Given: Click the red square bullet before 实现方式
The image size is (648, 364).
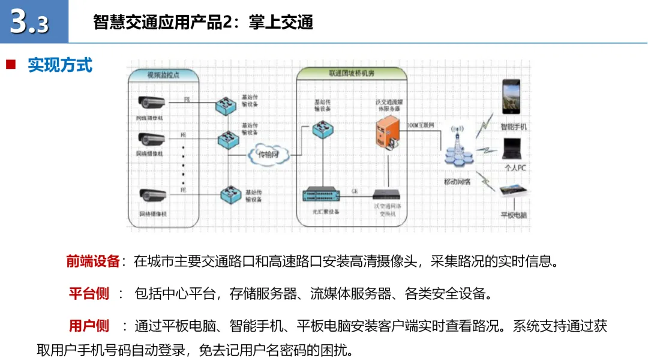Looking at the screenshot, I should [x=10, y=65].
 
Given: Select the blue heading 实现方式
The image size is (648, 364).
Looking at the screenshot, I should [x=60, y=65].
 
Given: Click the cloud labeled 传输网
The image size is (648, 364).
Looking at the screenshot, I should [x=268, y=154].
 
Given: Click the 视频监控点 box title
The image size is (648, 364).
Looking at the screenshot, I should [x=164, y=75].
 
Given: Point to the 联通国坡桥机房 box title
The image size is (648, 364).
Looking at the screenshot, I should [x=352, y=73].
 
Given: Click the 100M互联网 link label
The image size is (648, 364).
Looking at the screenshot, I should [x=420, y=125].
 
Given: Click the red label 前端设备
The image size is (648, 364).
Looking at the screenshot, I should [x=93, y=261].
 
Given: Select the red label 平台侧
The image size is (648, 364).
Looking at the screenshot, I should [x=89, y=294].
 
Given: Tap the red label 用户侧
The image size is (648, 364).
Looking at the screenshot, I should [x=89, y=326].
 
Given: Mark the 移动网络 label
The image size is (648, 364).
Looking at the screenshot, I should [x=457, y=180].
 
